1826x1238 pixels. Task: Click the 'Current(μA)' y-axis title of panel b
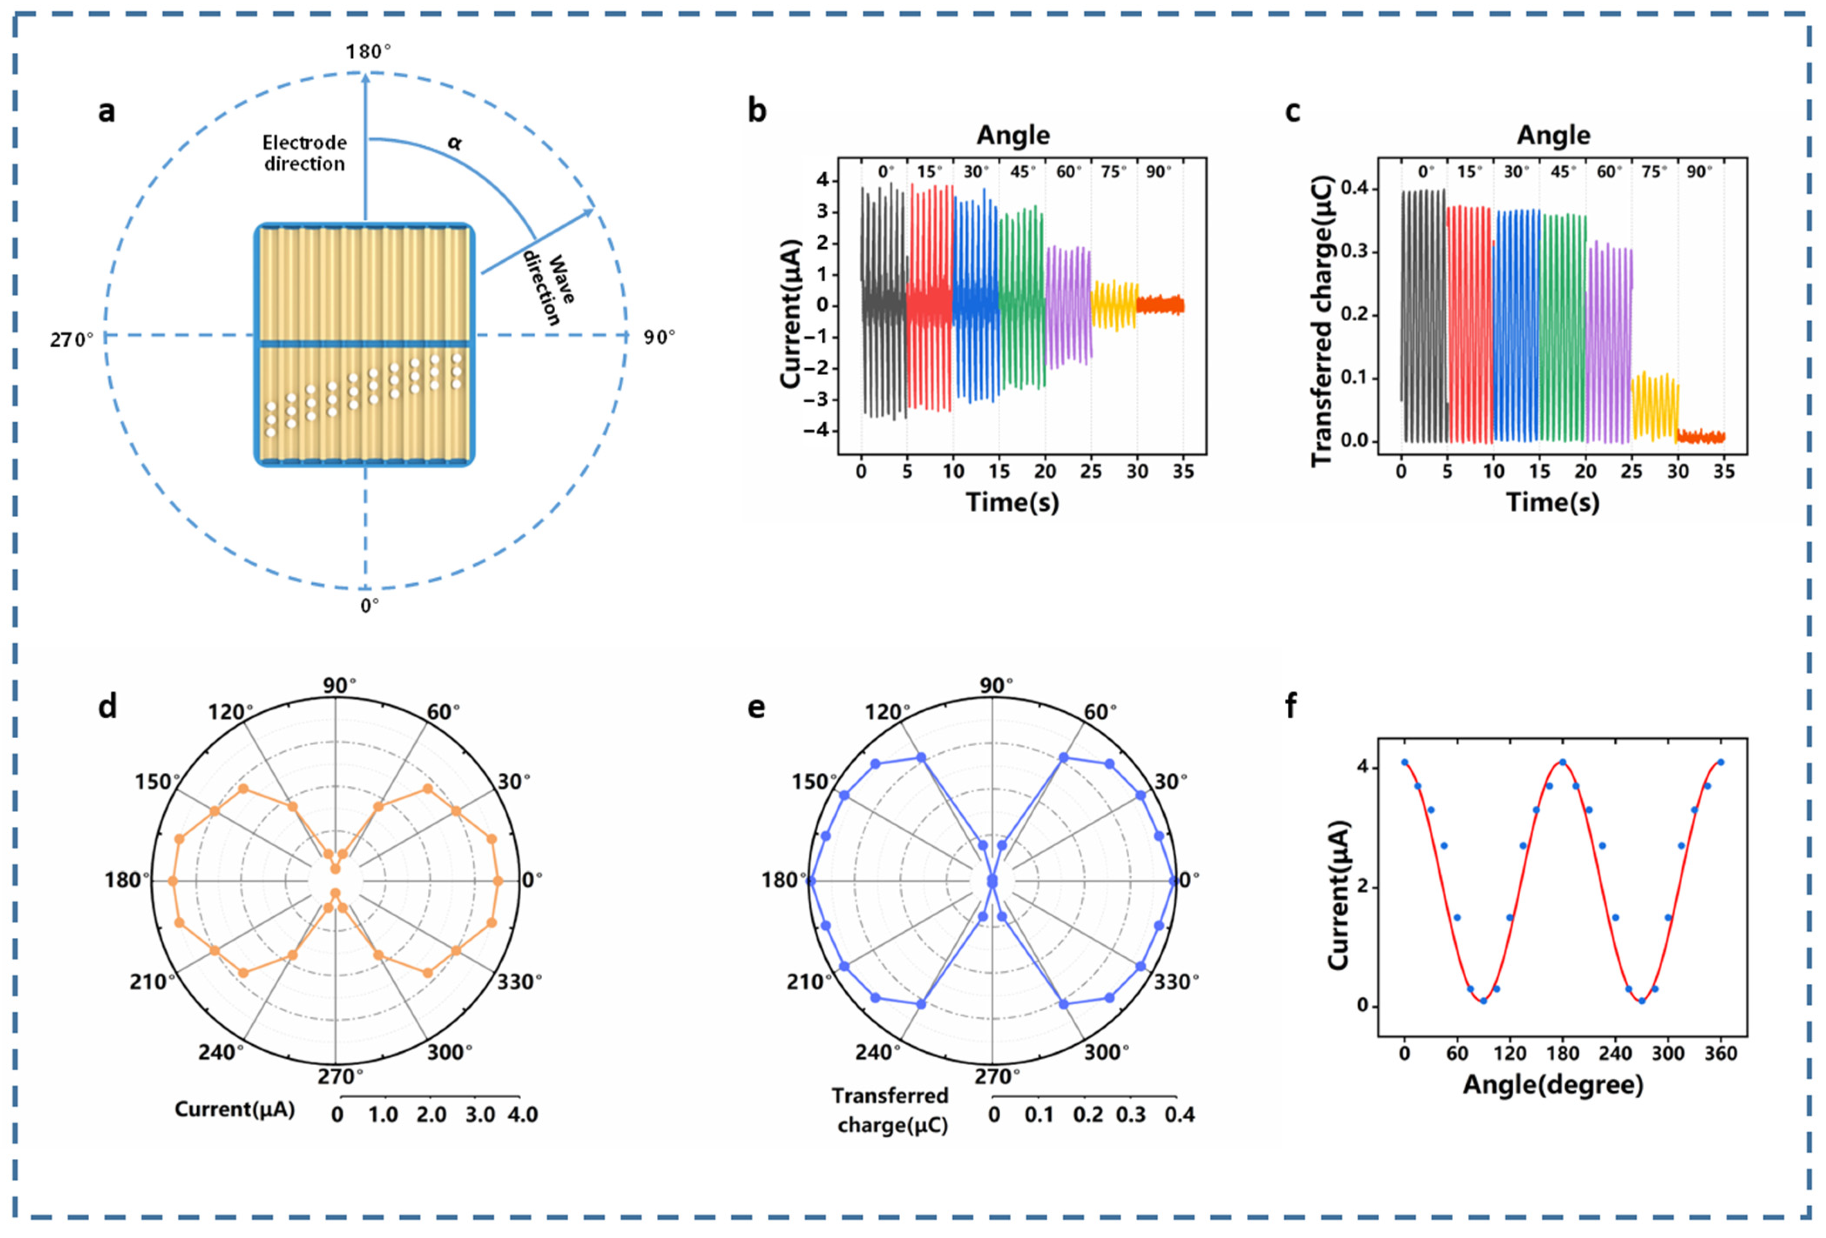(790, 313)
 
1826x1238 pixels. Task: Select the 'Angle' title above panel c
(1553, 135)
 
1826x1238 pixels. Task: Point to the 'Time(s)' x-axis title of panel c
(1553, 502)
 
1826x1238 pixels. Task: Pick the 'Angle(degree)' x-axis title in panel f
(1553, 1085)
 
